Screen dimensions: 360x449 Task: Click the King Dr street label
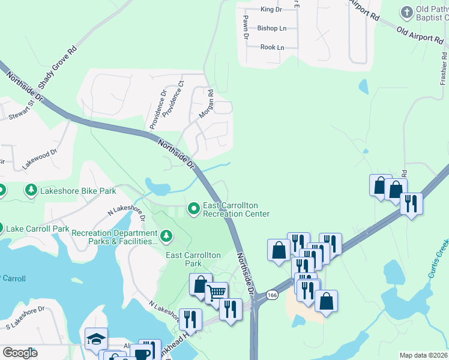point(271,9)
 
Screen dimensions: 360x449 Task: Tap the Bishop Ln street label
point(272,28)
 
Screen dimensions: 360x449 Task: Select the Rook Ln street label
point(272,47)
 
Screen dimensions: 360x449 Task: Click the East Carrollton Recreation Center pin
point(194,209)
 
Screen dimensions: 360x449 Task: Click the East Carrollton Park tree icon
point(166,237)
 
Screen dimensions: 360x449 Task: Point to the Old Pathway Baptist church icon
point(407,12)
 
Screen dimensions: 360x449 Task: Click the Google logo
point(20,353)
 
